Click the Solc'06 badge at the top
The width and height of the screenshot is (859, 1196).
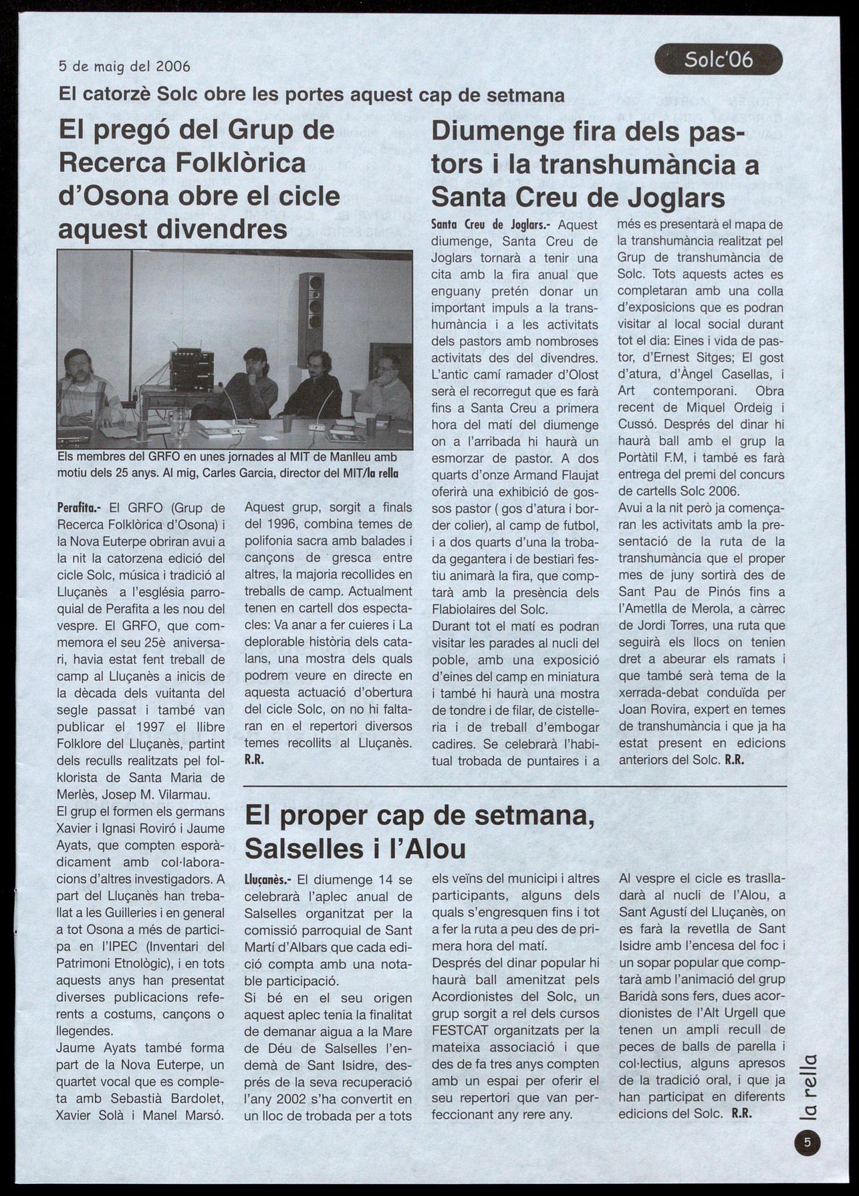718,60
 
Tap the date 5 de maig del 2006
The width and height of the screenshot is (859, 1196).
124,66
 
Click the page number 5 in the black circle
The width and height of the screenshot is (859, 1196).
807,1143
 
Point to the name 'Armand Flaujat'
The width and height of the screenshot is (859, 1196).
557,475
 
